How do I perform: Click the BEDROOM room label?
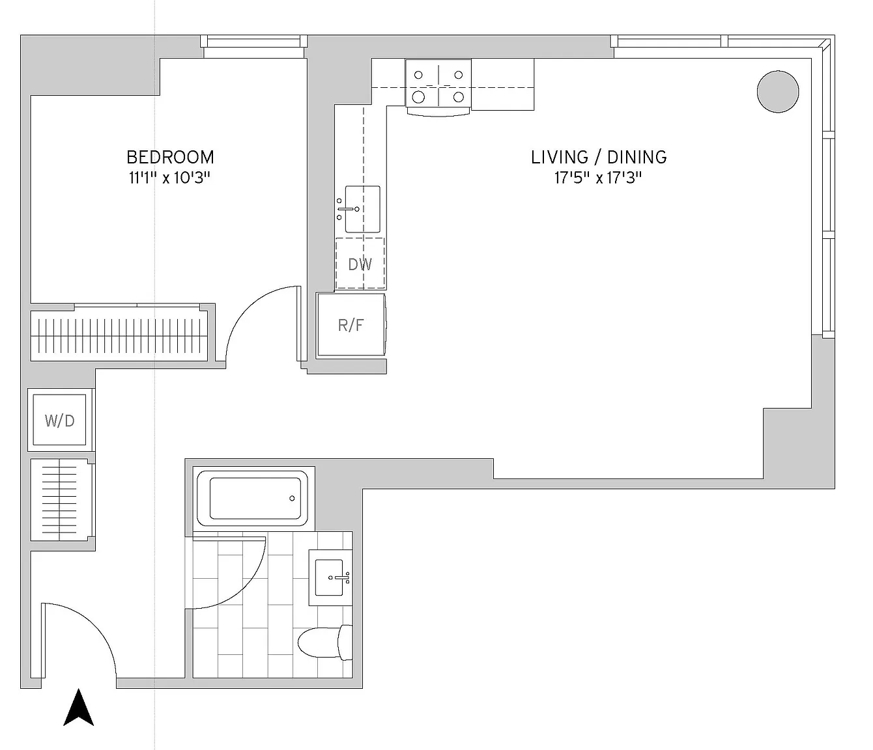coord(170,158)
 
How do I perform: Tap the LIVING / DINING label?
coord(599,158)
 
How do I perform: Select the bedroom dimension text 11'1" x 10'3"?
coord(170,178)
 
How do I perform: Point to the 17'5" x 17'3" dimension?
coord(598,178)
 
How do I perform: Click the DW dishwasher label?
coord(360,264)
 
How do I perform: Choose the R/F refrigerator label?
coord(351,325)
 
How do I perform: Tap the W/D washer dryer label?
coord(59,421)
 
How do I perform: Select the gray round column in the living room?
coord(778,92)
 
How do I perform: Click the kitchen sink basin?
coord(362,210)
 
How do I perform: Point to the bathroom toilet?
coord(325,643)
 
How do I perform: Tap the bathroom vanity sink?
coord(330,577)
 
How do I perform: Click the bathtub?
coord(253,498)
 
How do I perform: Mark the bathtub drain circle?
coord(292,499)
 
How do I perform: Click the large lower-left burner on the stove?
coord(418,97)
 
